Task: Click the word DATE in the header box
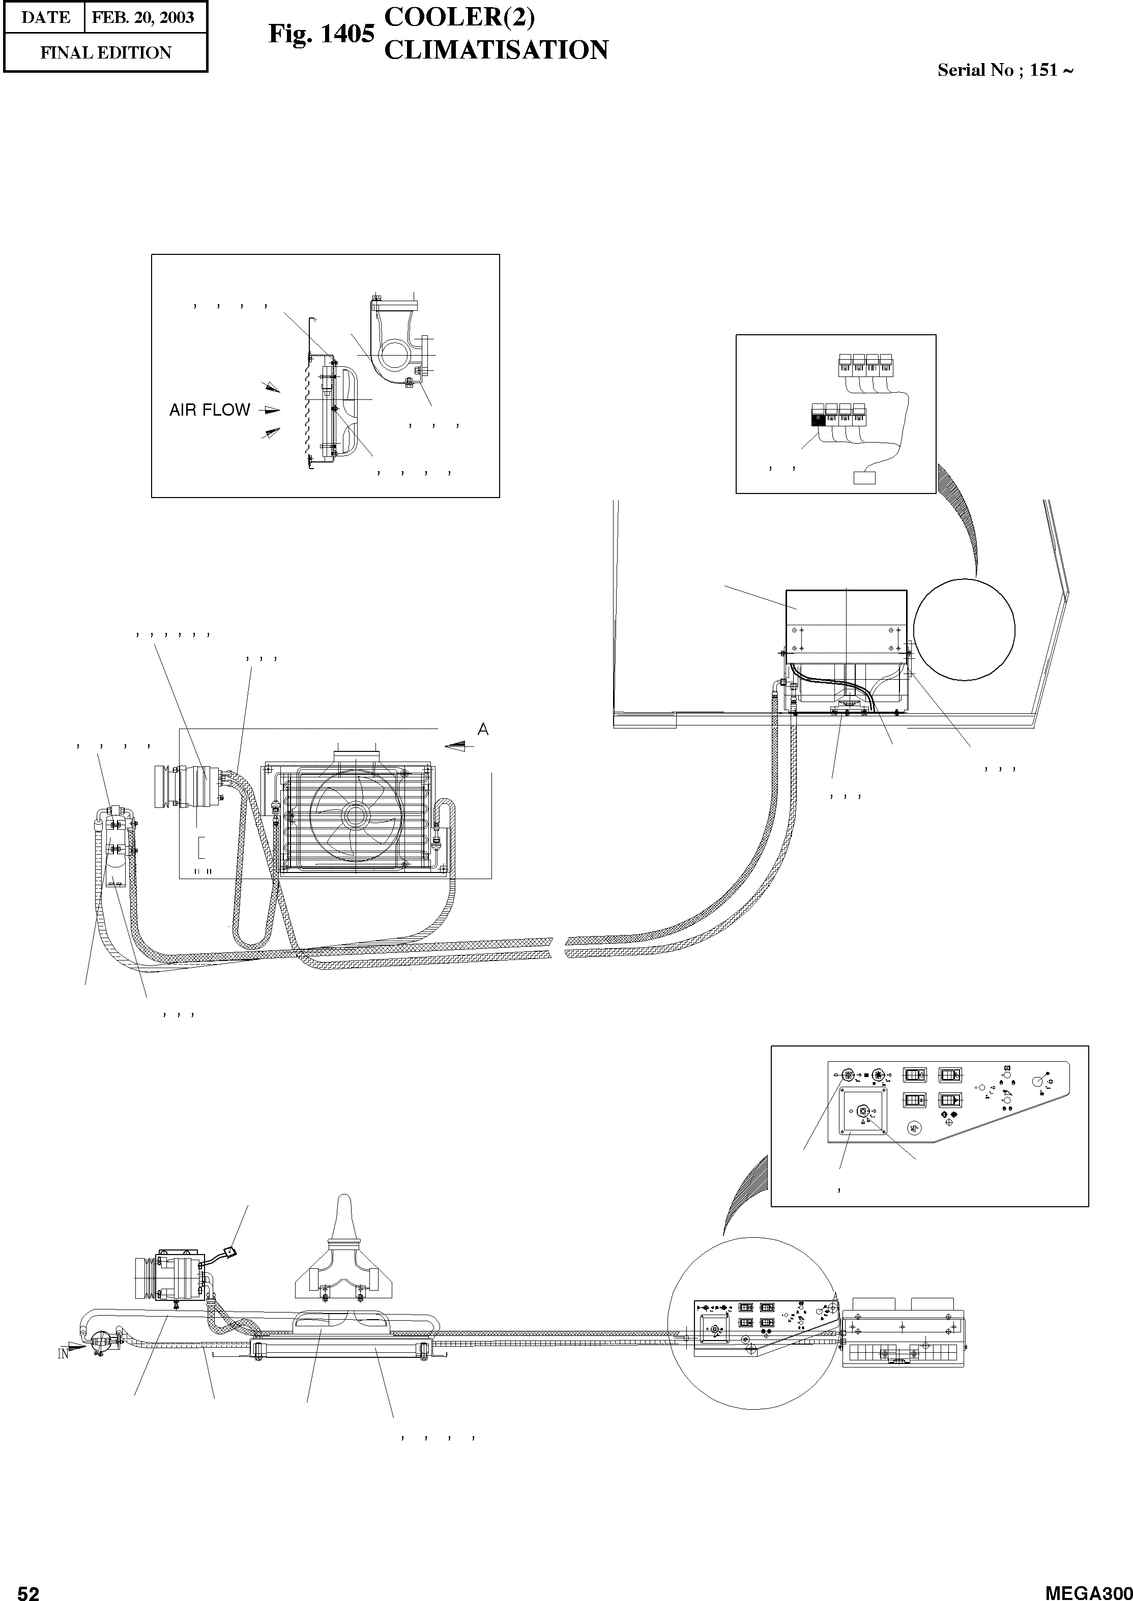(x=45, y=17)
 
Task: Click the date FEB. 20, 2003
(x=143, y=17)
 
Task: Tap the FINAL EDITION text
(x=105, y=53)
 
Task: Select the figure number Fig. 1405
(x=322, y=34)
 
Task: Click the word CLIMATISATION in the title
(x=496, y=50)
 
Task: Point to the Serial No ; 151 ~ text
(x=1005, y=70)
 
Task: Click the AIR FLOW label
(x=209, y=410)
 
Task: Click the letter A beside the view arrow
(x=482, y=730)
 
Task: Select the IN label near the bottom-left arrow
(x=63, y=1355)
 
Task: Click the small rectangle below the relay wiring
(x=864, y=478)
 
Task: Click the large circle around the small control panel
(x=752, y=1321)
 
